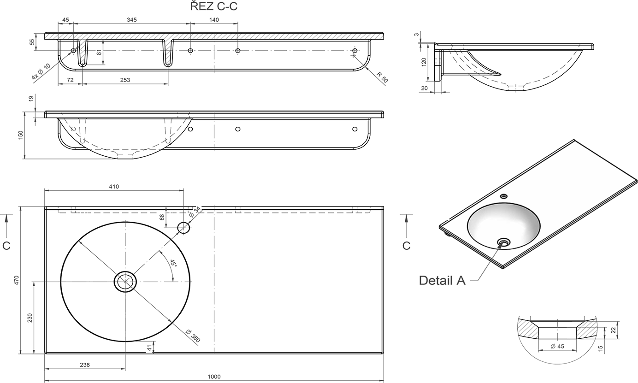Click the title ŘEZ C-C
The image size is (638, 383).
click(x=213, y=6)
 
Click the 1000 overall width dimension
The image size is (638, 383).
click(x=214, y=377)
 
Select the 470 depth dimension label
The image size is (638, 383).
click(x=16, y=280)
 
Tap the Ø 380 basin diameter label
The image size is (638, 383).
click(x=193, y=336)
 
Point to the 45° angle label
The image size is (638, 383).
click(x=173, y=263)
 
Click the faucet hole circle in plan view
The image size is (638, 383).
click(x=184, y=228)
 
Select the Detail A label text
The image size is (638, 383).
click(x=442, y=281)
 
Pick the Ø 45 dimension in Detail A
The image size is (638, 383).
click(x=557, y=346)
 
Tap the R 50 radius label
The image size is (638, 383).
click(x=382, y=77)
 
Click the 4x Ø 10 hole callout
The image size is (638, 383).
click(x=41, y=71)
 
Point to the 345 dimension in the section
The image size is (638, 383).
click(x=131, y=20)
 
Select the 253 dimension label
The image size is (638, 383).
click(x=125, y=80)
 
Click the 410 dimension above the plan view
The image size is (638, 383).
click(x=114, y=187)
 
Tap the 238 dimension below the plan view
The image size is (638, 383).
click(x=85, y=365)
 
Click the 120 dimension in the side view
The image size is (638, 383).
click(x=424, y=62)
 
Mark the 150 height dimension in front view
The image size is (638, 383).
click(x=20, y=136)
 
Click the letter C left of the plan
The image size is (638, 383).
click(x=6, y=246)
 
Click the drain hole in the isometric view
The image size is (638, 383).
click(x=504, y=243)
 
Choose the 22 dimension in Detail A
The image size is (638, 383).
click(x=614, y=330)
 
